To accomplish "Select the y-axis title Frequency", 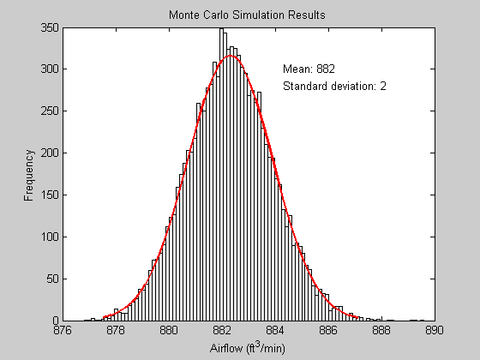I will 29,175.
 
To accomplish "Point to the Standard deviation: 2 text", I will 334,86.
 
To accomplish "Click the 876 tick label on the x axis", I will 63,330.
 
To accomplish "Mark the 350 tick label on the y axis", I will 50,28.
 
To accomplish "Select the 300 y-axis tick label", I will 50,70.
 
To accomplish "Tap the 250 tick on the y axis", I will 50,112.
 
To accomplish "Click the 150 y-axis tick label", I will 50,195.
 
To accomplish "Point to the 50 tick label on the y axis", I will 52,279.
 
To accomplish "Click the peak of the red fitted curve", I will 231,56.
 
